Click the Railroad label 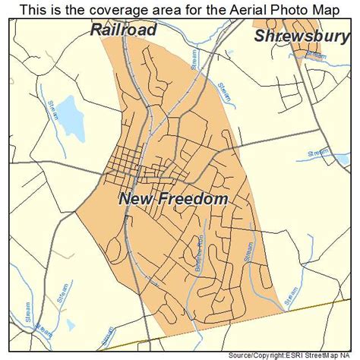tap(123, 30)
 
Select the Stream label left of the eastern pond tap(317, 153)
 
